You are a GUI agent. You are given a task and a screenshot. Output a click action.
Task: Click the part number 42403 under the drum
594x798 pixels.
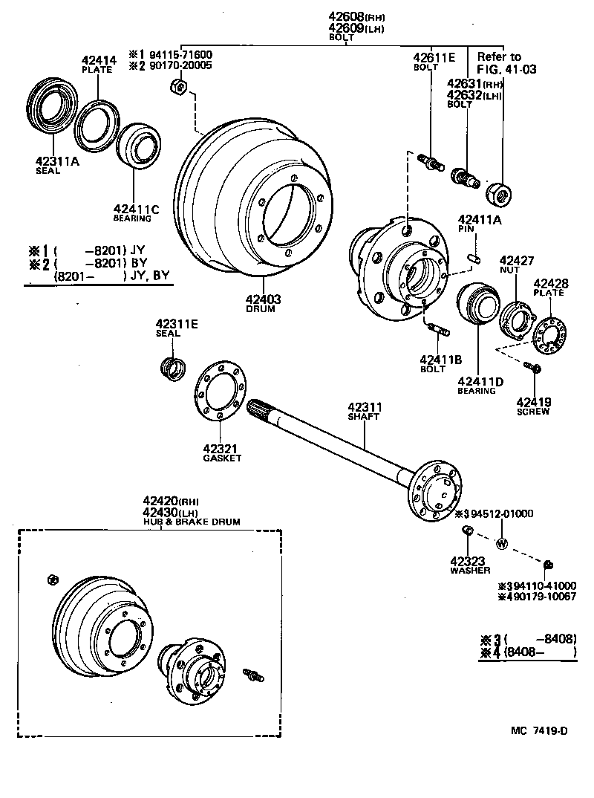(261, 299)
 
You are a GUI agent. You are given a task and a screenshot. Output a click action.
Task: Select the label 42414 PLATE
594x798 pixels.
(97, 64)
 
